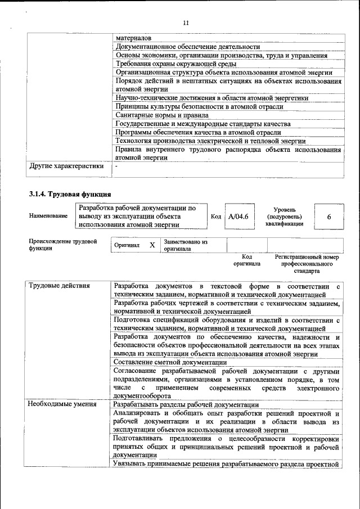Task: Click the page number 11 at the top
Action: pos(187,23)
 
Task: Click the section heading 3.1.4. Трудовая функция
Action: pos(62,194)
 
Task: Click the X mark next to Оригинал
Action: pos(152,245)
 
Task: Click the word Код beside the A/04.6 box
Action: pos(216,217)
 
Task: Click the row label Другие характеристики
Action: pos(66,166)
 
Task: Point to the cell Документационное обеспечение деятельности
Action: pos(187,47)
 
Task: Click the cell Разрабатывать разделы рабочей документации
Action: pos(186,404)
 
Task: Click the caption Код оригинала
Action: pos(246,260)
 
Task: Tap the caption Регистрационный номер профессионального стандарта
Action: pos(307,263)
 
